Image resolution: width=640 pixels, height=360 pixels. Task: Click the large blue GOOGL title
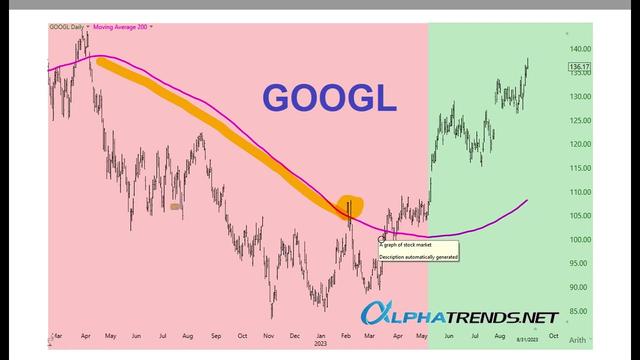[x=329, y=98]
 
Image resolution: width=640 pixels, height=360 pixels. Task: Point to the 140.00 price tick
[x=581, y=48]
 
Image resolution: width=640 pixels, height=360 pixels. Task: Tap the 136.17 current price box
[x=580, y=68]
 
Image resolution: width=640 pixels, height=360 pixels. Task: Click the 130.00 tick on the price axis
[x=581, y=96]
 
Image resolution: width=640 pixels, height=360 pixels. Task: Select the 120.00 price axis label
[x=581, y=143]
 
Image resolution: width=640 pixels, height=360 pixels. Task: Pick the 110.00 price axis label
[x=581, y=191]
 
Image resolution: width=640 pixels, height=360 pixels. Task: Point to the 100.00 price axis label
[x=581, y=239]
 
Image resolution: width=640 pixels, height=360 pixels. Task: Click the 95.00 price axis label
[x=581, y=263]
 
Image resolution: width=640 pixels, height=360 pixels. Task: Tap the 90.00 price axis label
[x=581, y=287]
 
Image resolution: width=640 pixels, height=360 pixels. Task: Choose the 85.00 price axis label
[x=581, y=310]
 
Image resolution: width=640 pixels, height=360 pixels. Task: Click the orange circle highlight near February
[x=350, y=205]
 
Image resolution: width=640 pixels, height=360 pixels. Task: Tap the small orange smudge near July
[x=176, y=207]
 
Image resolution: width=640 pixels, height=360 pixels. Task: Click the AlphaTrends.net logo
[x=461, y=317]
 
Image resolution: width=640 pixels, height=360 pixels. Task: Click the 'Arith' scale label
[x=579, y=339]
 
